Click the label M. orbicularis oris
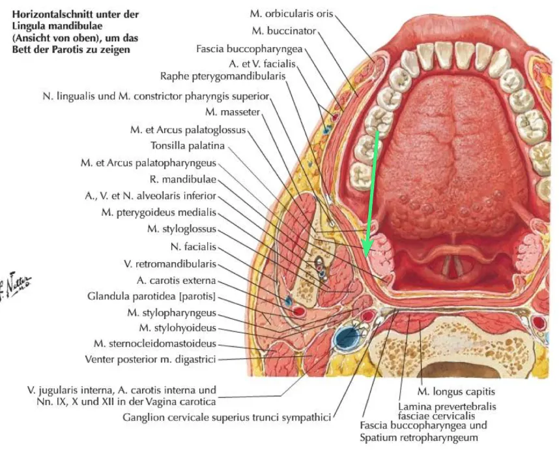click(291, 14)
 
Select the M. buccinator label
click(284, 31)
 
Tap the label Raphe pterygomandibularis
click(223, 76)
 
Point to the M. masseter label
click(233, 112)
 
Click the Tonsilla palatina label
click(188, 145)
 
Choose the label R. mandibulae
click(183, 179)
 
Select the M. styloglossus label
click(182, 229)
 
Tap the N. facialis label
click(193, 247)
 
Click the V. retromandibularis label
click(170, 264)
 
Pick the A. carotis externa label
click(176, 280)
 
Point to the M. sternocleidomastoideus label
click(155, 344)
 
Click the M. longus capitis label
click(456, 392)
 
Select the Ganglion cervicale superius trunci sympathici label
click(227, 417)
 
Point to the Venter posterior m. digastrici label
click(150, 359)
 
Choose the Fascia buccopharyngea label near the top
click(249, 48)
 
